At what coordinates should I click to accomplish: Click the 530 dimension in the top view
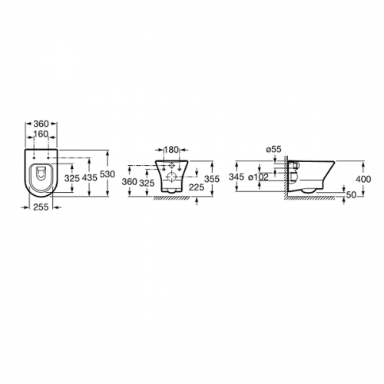click(108, 174)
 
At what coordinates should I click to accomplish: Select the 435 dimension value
click(90, 177)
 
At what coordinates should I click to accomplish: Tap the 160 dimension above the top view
click(41, 134)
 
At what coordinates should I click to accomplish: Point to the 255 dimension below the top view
click(41, 207)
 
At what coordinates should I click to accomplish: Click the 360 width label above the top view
click(41, 124)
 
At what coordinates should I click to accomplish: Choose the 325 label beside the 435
click(72, 178)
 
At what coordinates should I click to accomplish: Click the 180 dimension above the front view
click(171, 150)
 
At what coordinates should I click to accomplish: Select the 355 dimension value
click(212, 179)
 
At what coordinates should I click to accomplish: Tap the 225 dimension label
click(197, 187)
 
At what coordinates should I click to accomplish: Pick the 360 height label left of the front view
click(129, 182)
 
